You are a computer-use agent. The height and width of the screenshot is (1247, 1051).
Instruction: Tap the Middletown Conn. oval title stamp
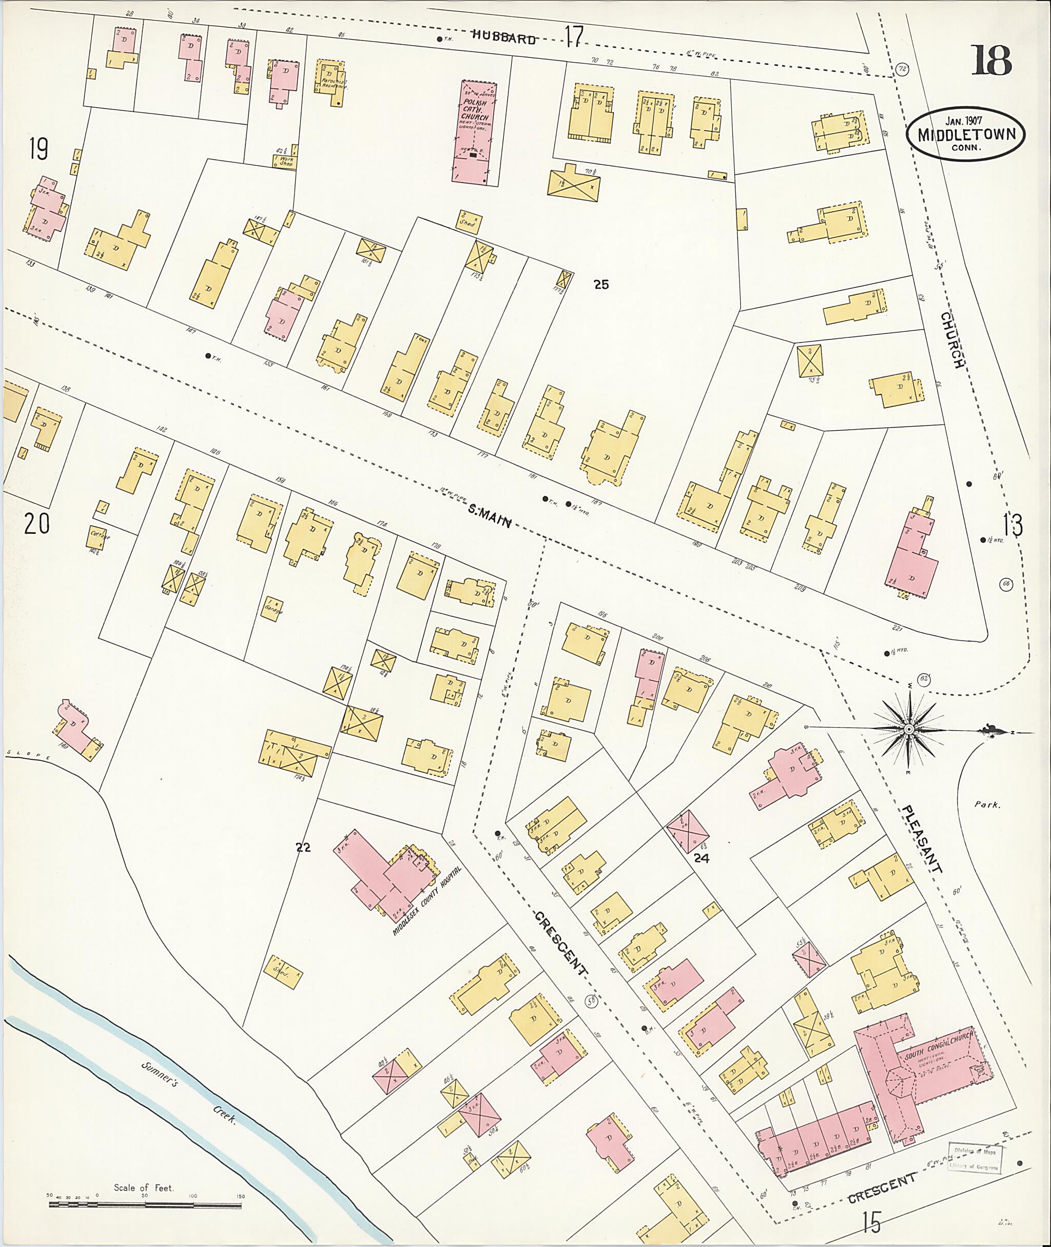(x=966, y=136)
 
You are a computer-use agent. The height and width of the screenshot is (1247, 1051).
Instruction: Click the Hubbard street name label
(x=504, y=39)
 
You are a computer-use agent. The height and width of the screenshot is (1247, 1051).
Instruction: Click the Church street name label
(x=951, y=339)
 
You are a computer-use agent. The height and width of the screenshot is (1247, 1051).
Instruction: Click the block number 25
(x=601, y=285)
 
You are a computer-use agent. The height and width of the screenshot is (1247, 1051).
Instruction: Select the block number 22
(x=303, y=848)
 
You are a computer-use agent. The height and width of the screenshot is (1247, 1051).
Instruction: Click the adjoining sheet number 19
(x=38, y=148)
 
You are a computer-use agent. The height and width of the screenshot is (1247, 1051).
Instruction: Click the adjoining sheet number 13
(x=1013, y=525)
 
